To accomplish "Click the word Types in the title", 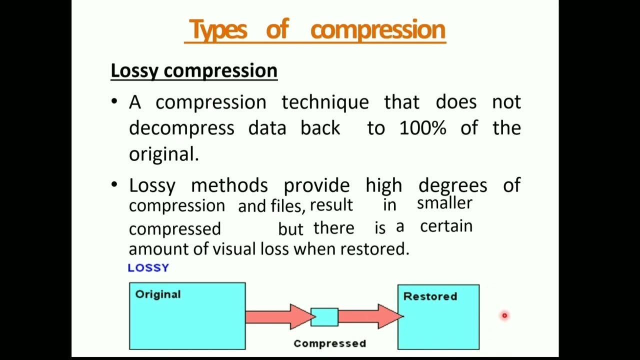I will click(218, 29).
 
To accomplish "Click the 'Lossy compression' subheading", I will click(193, 70).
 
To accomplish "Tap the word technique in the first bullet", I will click(325, 102).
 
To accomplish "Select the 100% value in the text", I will click(422, 128).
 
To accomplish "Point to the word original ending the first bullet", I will click(163, 154).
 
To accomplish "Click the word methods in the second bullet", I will click(229, 185).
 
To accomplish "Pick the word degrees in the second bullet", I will click(452, 185).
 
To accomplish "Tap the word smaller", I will click(444, 202).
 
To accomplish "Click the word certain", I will click(446, 226).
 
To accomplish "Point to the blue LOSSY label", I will click(148, 267).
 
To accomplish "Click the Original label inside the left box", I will click(158, 294).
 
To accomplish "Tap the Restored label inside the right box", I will click(430, 296).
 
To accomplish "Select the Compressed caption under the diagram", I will click(329, 343).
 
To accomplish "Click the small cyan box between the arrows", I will click(324, 317).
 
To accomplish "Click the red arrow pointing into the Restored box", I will click(370, 316).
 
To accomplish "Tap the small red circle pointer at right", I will click(504, 315).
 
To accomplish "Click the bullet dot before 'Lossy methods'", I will click(114, 185).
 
